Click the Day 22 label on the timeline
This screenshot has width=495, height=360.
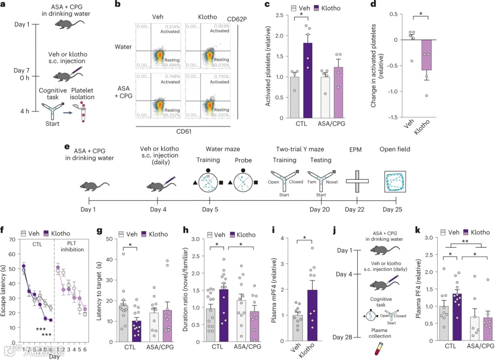pyautogui.click(x=357, y=209)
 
